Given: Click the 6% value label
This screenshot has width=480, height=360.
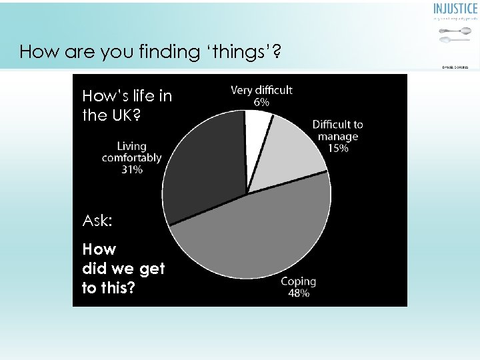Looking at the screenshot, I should (261, 102).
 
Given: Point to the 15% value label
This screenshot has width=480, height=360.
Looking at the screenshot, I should (337, 148).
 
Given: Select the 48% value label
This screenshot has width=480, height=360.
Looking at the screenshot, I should (298, 293).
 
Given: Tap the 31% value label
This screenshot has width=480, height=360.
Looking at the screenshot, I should (131, 169).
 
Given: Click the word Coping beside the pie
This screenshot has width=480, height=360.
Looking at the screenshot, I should (298, 281).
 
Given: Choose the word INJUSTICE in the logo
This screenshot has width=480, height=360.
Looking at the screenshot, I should (455, 9).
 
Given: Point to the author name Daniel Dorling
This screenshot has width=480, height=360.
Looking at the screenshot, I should (455, 67).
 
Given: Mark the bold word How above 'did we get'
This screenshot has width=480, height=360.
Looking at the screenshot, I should (99, 249).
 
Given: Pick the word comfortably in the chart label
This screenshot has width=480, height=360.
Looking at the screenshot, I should (131, 158).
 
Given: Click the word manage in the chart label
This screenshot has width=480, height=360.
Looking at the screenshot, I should (337, 137).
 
